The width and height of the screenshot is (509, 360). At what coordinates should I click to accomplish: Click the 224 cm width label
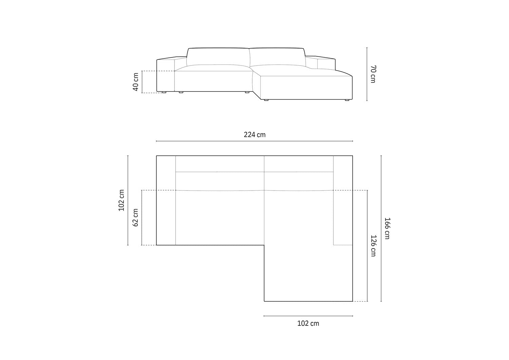(254, 135)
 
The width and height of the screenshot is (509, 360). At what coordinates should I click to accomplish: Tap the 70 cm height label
(373, 74)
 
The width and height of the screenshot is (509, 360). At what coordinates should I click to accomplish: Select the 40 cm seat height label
(136, 82)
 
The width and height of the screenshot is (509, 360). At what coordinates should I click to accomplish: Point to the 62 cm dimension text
(135, 218)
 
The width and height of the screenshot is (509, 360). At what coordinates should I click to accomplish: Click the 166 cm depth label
(387, 228)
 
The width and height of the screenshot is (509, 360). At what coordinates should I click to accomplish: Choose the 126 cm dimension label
(373, 246)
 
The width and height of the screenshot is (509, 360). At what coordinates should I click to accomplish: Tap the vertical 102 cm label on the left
(121, 200)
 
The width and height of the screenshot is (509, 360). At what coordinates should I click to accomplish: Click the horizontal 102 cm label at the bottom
(308, 323)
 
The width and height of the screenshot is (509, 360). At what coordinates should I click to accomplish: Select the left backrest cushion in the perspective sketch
(218, 56)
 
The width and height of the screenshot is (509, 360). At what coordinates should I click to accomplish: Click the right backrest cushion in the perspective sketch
(277, 56)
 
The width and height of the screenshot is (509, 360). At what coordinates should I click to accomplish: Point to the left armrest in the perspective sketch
(165, 75)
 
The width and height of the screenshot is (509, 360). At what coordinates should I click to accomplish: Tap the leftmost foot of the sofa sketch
(164, 92)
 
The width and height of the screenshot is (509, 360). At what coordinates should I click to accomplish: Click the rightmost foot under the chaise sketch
(347, 100)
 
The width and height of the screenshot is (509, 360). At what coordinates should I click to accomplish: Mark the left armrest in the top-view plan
(166, 200)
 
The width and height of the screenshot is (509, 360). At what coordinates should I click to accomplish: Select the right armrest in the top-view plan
(343, 200)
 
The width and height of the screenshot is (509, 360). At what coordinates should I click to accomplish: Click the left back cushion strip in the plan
(220, 164)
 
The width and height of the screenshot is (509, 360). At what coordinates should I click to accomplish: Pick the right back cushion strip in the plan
(299, 164)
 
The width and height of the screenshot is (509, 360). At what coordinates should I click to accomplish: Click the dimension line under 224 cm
(254, 141)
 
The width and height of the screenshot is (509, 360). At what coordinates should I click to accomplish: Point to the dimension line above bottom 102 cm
(308, 316)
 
